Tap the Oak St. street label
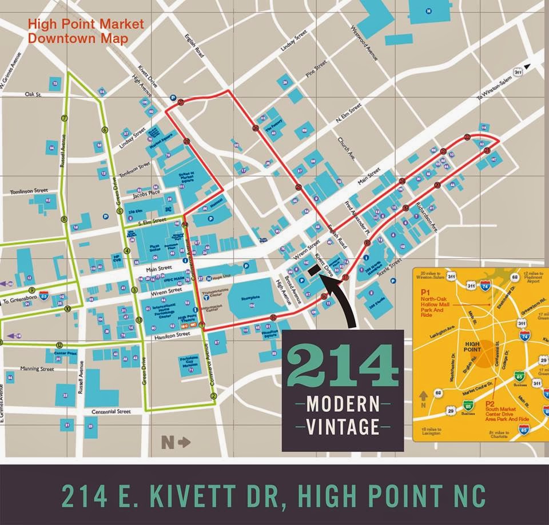tap(34, 94)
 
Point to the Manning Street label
tap(37, 369)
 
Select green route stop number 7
tap(64, 118)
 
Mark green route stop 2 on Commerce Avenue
tap(213, 396)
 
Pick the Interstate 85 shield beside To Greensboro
tap(43, 295)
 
